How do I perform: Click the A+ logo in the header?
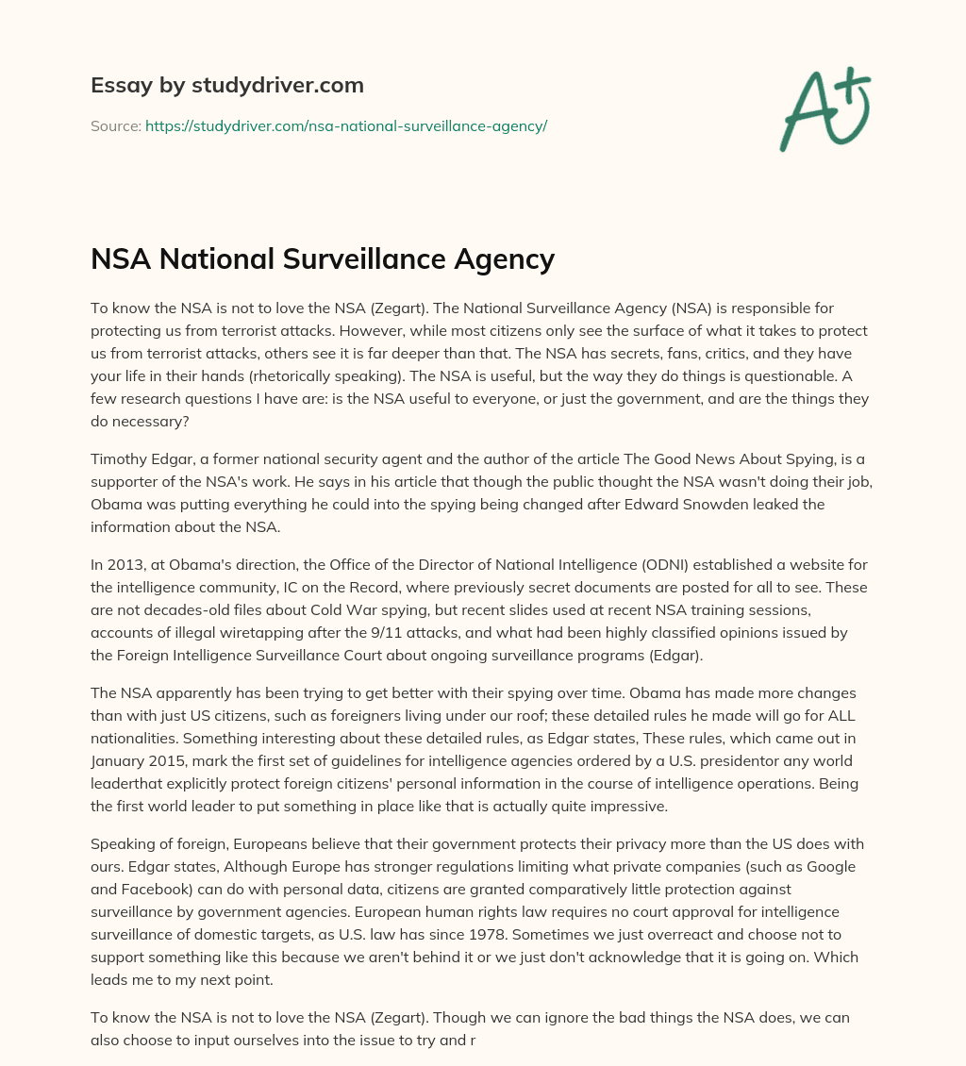point(824,109)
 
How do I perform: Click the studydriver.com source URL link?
point(345,125)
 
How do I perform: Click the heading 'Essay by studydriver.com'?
point(226,85)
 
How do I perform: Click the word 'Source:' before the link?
point(115,125)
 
